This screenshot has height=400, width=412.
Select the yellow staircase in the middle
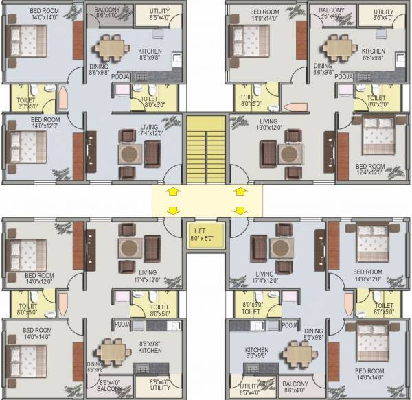pyautogui.click(x=206, y=148)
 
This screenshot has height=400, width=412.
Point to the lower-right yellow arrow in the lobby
pyautogui.click(x=240, y=209)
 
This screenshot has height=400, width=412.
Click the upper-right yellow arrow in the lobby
pyautogui.click(x=240, y=189)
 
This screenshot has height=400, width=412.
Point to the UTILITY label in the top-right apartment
pyautogui.click(x=383, y=12)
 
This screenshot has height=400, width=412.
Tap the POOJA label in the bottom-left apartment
pyautogui.click(x=124, y=323)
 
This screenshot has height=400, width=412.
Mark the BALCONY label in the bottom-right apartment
pyautogui.click(x=295, y=383)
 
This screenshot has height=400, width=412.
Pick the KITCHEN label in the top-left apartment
pyautogui.click(x=150, y=51)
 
